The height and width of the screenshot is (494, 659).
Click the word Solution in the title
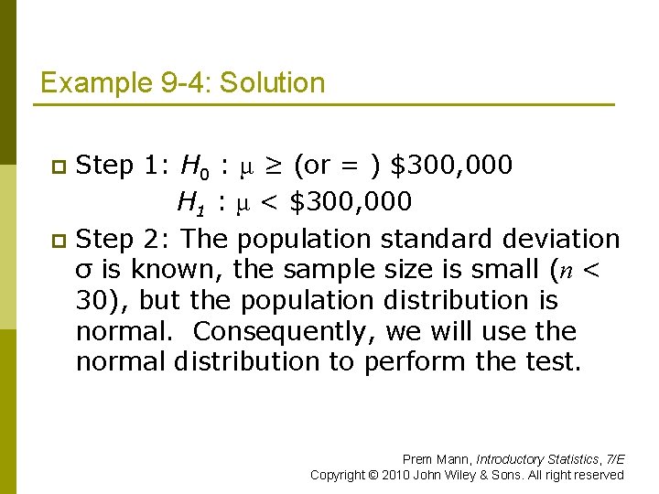click(273, 83)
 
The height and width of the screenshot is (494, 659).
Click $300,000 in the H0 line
click(451, 166)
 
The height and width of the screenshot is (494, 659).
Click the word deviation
click(561, 239)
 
